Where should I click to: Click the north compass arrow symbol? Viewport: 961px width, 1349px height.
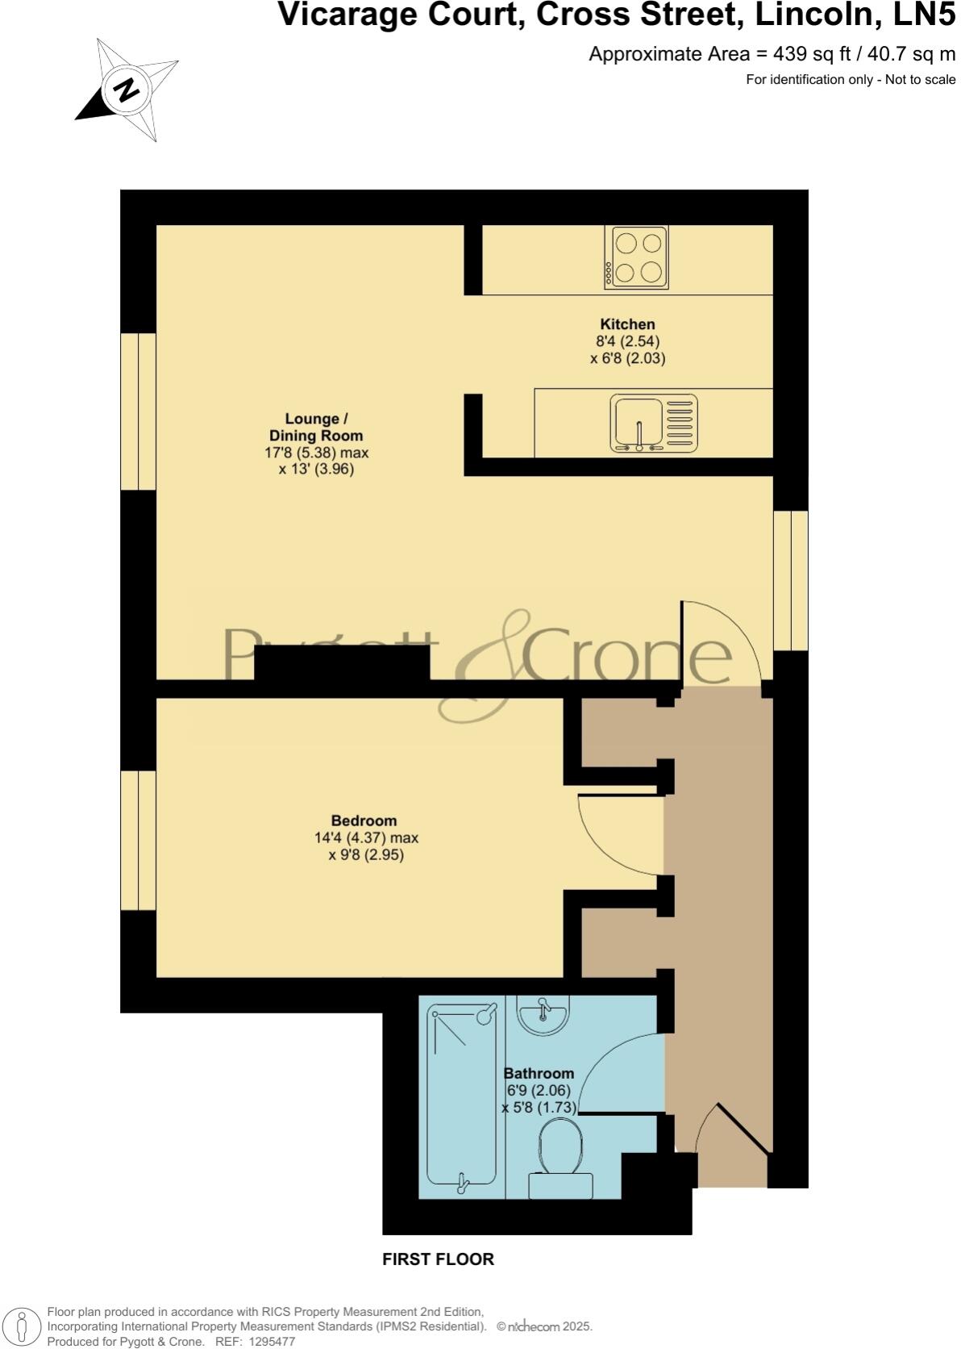pyautogui.click(x=127, y=90)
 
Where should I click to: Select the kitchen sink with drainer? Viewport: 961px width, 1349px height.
pyautogui.click(x=654, y=424)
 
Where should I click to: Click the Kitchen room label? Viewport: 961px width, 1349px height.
pyautogui.click(x=627, y=324)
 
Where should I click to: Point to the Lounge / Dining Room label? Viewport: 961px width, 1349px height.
pyautogui.click(x=316, y=428)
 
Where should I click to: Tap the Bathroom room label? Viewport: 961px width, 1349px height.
pyautogui.click(x=539, y=1074)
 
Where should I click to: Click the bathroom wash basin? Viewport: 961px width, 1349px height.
pyautogui.click(x=543, y=1014)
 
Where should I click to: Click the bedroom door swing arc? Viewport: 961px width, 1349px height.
pyautogui.click(x=616, y=836)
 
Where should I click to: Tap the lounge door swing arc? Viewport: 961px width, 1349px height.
pyautogui.click(x=720, y=643)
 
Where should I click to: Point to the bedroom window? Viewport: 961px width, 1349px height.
pyautogui.click(x=138, y=841)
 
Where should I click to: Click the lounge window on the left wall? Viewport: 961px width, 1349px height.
pyautogui.click(x=138, y=411)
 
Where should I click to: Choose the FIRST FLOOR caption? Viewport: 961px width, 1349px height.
pyautogui.click(x=438, y=1259)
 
